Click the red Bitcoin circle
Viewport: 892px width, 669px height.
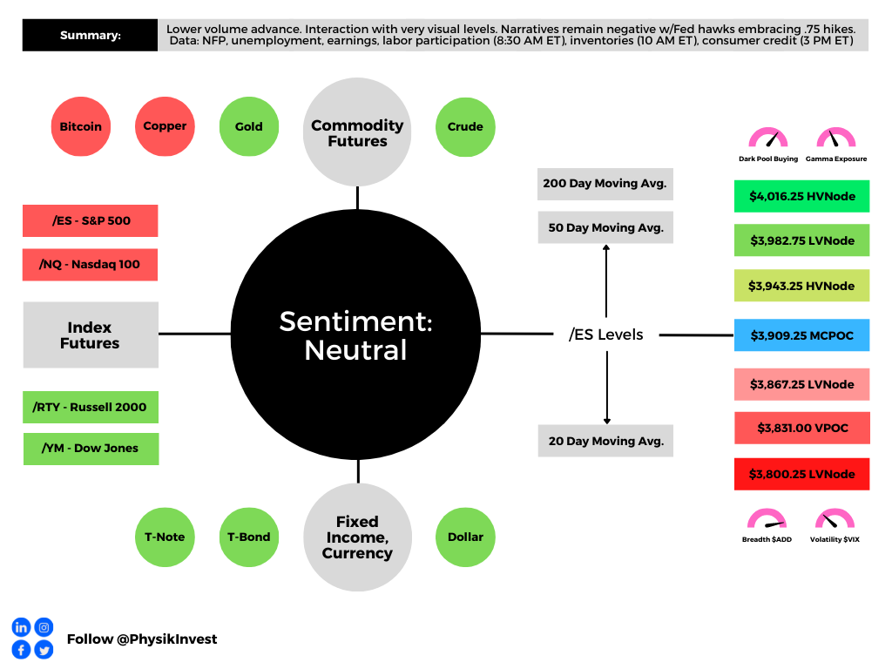81,126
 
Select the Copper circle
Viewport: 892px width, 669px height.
165,126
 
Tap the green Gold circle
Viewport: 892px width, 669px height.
248,126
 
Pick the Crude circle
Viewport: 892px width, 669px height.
465,126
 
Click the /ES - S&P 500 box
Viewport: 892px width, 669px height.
91,220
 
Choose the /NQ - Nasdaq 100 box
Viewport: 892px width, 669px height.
91,264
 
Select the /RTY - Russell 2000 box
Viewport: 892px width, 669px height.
91,407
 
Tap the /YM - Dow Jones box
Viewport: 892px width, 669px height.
91,449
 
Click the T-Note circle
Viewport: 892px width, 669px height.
165,537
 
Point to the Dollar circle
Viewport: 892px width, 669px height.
465,537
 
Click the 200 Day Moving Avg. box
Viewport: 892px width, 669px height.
605,184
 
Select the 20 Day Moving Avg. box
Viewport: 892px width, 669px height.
605,441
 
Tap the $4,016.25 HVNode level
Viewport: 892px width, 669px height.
802,196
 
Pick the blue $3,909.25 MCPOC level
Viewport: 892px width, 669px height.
802,334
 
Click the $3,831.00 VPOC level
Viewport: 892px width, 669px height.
802,428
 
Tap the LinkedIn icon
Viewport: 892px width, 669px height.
21,627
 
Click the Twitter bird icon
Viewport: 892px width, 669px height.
44,649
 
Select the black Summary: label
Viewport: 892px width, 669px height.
91,36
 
